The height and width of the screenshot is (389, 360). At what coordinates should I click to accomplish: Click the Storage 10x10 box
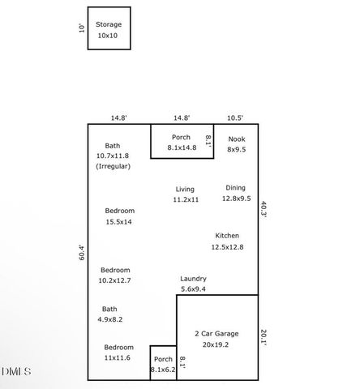pyautogui.click(x=109, y=30)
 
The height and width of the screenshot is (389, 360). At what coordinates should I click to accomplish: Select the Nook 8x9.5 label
pyautogui.click(x=236, y=144)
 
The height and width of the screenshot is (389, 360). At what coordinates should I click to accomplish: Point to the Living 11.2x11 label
pyautogui.click(x=185, y=194)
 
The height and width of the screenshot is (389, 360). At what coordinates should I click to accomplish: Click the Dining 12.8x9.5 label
pyautogui.click(x=237, y=192)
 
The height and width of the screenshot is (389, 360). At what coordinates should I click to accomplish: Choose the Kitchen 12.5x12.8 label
pyautogui.click(x=227, y=241)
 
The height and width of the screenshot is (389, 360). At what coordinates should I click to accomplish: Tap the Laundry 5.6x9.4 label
pyautogui.click(x=192, y=283)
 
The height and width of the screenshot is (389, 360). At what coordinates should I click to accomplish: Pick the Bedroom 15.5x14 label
pyautogui.click(x=118, y=216)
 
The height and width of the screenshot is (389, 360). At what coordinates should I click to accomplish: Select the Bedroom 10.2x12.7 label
pyautogui.click(x=115, y=275)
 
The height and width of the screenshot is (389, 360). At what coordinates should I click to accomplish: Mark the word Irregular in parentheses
pyautogui.click(x=113, y=166)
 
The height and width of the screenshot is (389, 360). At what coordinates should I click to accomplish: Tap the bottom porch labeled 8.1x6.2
pyautogui.click(x=163, y=364)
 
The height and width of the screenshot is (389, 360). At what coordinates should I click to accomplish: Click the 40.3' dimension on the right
pyautogui.click(x=264, y=209)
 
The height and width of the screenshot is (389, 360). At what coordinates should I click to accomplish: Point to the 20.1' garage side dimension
pyautogui.click(x=264, y=335)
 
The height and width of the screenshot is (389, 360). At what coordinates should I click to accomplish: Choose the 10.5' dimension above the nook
pyautogui.click(x=236, y=118)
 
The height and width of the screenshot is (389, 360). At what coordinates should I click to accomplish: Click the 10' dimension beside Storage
pyautogui.click(x=80, y=28)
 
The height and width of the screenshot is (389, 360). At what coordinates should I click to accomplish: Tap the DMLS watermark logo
pyautogui.click(x=17, y=371)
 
